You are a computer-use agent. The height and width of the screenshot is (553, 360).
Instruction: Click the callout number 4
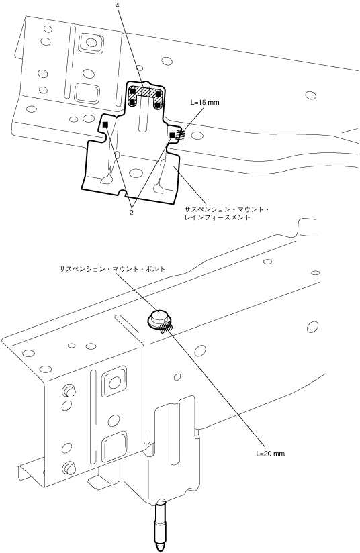(117, 5)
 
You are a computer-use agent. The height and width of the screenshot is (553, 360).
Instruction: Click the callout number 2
(131, 213)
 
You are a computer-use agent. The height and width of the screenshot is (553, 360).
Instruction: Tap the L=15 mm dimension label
(204, 103)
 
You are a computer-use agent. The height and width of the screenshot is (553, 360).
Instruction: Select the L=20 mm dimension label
(270, 454)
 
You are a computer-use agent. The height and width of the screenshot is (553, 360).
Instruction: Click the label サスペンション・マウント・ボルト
(113, 269)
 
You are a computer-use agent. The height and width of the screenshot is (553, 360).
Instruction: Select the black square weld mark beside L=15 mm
(172, 135)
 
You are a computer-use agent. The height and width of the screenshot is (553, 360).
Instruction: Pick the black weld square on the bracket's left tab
(105, 125)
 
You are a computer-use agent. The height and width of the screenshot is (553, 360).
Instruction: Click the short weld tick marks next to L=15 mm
(180, 135)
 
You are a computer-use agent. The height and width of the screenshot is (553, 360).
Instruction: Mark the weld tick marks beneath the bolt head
(165, 329)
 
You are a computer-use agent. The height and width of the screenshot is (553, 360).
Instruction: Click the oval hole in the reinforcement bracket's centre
(136, 173)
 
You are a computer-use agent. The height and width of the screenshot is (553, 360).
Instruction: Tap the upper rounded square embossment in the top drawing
(91, 43)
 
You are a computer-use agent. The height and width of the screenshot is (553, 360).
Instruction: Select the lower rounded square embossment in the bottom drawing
(114, 446)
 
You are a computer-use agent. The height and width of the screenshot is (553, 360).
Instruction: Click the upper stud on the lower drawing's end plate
(68, 391)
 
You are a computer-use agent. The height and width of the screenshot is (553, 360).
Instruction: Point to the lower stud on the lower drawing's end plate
(68, 468)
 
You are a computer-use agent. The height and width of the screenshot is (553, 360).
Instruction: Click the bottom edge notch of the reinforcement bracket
(122, 193)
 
